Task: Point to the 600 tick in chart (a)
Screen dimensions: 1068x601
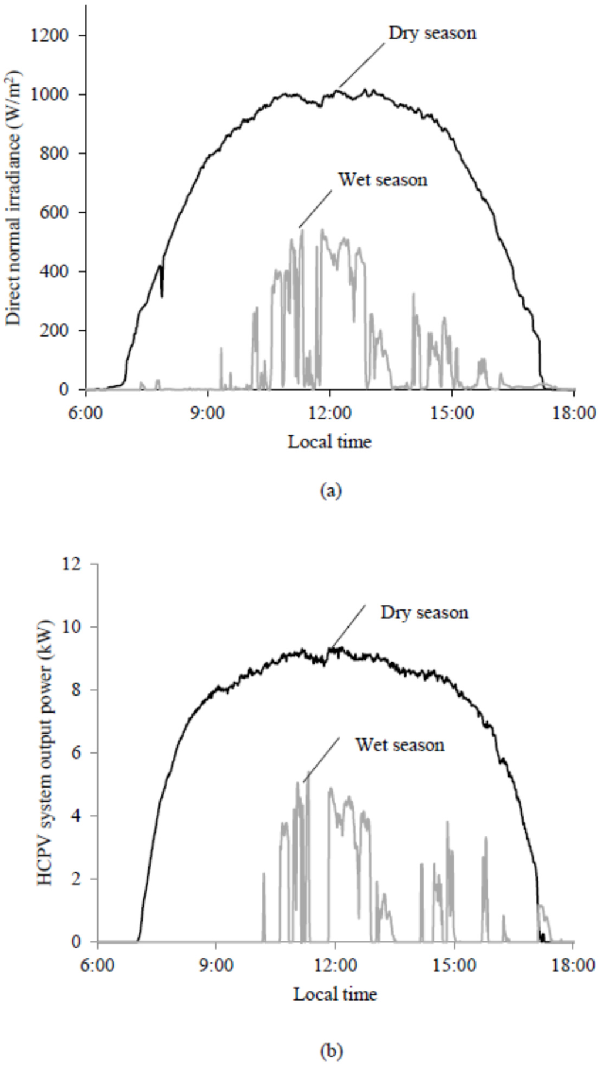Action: pyautogui.click(x=56, y=212)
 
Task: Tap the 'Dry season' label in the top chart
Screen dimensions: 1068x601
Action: pyautogui.click(x=432, y=33)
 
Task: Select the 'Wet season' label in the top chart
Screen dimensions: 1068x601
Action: pyautogui.click(x=383, y=179)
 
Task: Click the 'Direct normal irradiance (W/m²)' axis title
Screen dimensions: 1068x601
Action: pyautogui.click(x=14, y=198)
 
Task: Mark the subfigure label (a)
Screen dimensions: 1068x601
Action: pyautogui.click(x=330, y=490)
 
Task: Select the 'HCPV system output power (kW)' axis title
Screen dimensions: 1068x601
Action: pyautogui.click(x=46, y=752)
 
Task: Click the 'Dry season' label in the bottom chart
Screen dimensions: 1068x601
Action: pyautogui.click(x=424, y=612)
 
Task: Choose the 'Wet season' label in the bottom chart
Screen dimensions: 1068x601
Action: pyautogui.click(x=400, y=745)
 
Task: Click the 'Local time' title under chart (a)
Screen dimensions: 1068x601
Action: pyautogui.click(x=329, y=441)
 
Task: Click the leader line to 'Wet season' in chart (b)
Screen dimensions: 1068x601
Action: pyautogui.click(x=321, y=760)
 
